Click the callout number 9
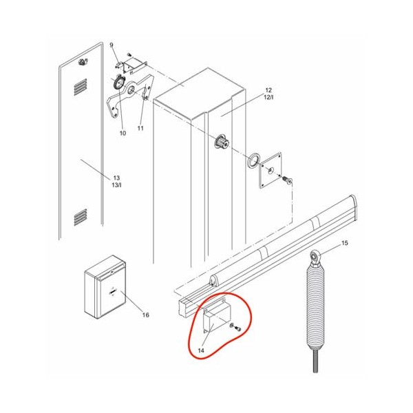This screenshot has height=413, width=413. click(x=111, y=45)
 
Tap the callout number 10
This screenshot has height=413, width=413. click(x=123, y=134)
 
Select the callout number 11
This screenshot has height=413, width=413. click(x=140, y=128)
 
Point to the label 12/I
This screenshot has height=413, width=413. click(x=268, y=98)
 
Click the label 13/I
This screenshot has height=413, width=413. click(x=116, y=185)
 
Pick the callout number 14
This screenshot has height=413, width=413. click(x=201, y=350)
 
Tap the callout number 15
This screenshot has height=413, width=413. click(x=345, y=243)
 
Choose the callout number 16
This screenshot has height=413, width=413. click(x=146, y=315)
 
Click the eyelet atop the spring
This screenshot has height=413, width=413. click(x=315, y=256)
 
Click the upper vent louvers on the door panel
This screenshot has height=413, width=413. click(x=81, y=87)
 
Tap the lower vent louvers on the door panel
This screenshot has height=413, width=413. click(x=81, y=217)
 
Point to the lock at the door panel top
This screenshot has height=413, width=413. click(x=83, y=62)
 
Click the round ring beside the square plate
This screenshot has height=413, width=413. click(x=253, y=160)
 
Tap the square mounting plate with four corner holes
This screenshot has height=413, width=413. click(x=271, y=171)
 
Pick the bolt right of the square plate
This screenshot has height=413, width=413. click(x=287, y=180)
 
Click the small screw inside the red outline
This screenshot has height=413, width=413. click(x=236, y=328)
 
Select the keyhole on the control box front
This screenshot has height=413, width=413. click(x=112, y=292)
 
